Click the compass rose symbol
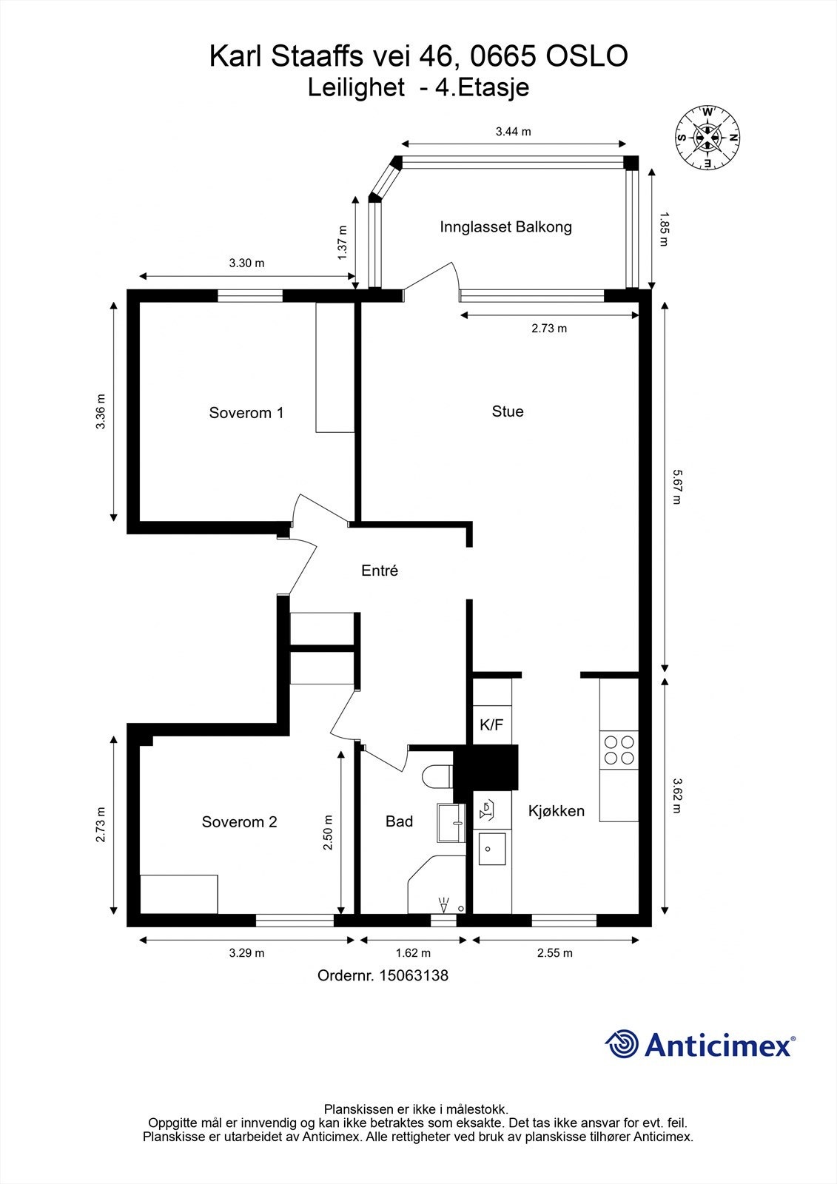(x=708, y=137)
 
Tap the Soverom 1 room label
(x=246, y=413)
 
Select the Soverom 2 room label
(x=239, y=822)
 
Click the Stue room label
(x=508, y=411)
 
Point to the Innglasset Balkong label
(x=505, y=227)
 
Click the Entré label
(x=380, y=571)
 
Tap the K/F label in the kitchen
(x=491, y=725)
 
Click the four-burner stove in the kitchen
(x=619, y=750)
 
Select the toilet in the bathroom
(x=437, y=777)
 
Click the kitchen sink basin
(x=492, y=849)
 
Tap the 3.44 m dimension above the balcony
(x=514, y=132)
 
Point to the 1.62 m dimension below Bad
(x=412, y=953)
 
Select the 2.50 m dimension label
(x=328, y=832)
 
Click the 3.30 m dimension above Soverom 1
(x=246, y=263)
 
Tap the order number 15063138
(x=413, y=975)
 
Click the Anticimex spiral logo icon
(x=622, y=1045)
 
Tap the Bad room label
(x=399, y=821)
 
